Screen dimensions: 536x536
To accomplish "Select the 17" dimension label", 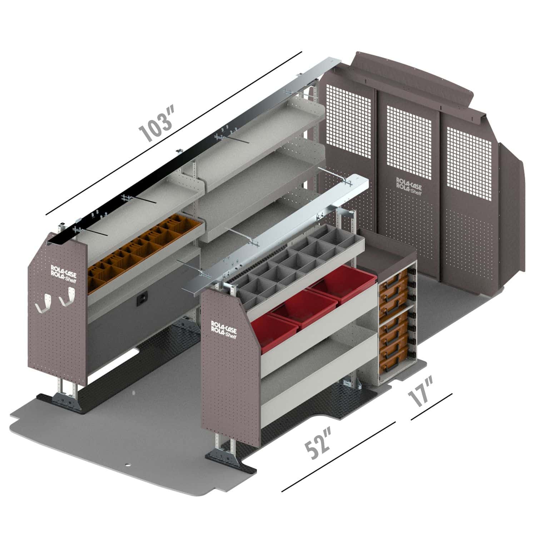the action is click(421, 392).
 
